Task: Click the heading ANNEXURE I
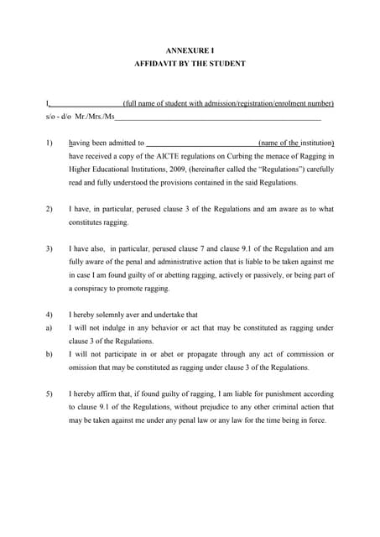(x=190, y=50)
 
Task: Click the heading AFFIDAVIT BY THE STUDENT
(x=190, y=64)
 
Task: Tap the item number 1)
(x=49, y=143)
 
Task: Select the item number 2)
(x=49, y=209)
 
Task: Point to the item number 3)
(x=49, y=248)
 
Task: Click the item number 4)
(x=49, y=315)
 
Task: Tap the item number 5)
(x=49, y=394)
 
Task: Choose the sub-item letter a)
(x=49, y=328)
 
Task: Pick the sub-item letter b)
(x=49, y=354)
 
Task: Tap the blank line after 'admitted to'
(x=202, y=143)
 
